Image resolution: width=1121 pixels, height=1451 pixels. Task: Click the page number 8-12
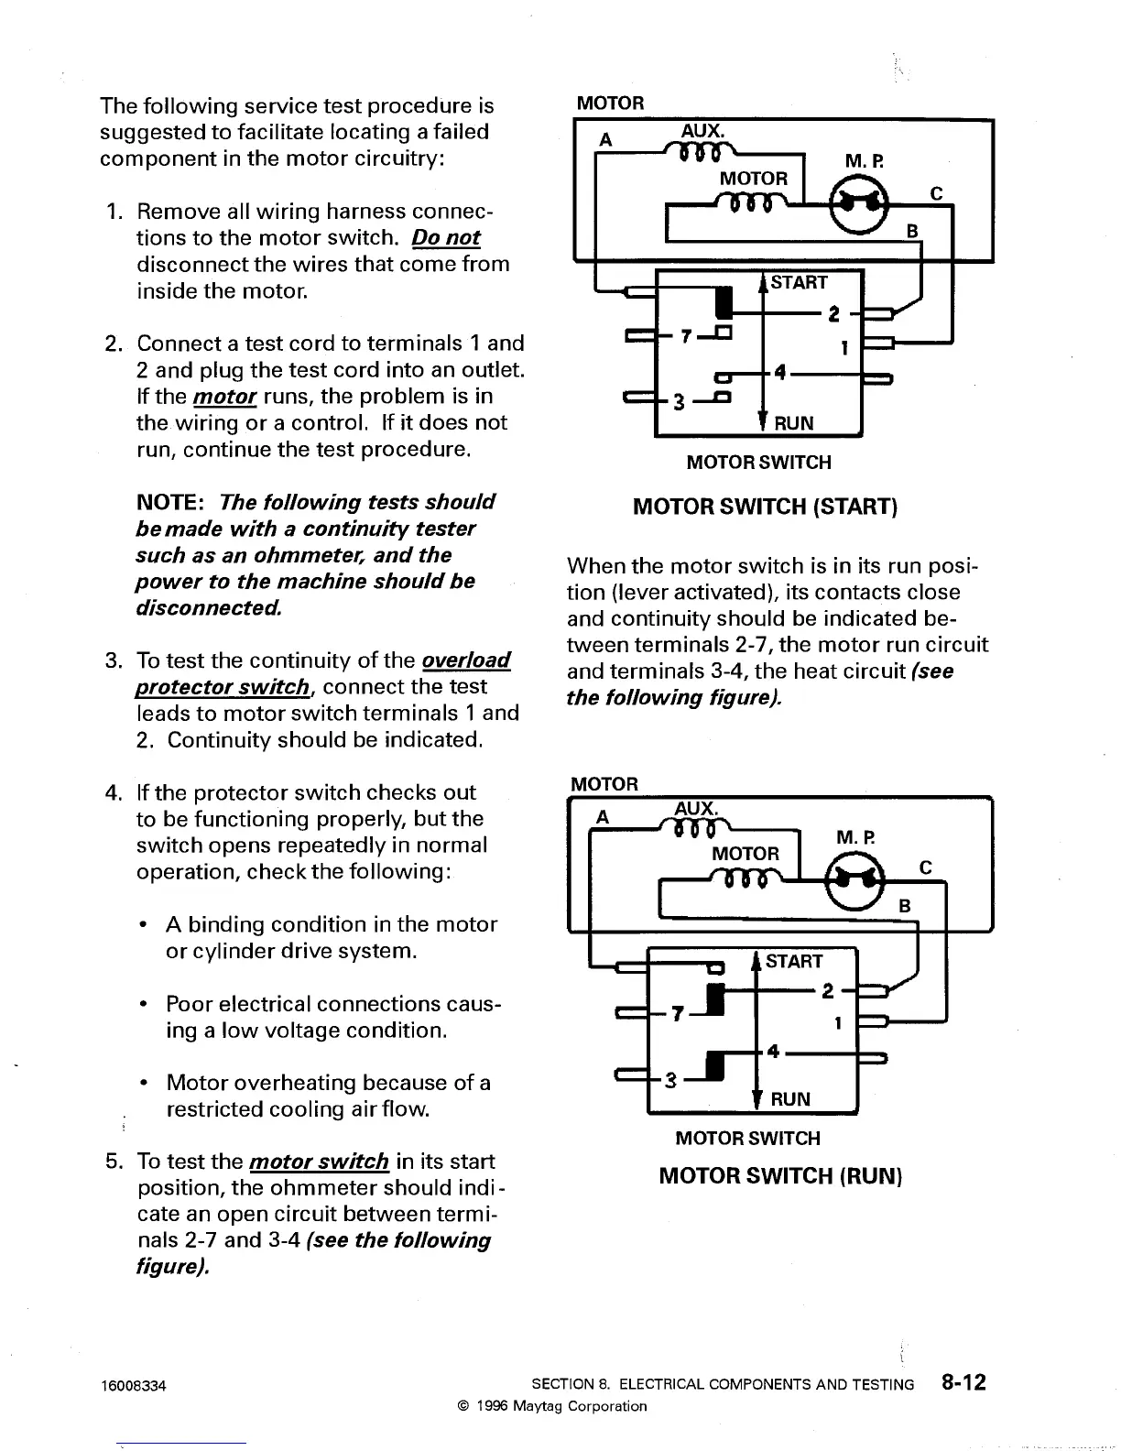coord(962,1382)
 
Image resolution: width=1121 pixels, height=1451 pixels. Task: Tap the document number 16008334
coord(134,1385)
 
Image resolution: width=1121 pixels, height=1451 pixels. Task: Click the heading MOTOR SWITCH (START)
coord(765,507)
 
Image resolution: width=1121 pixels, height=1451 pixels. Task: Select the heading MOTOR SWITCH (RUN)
coord(780,1175)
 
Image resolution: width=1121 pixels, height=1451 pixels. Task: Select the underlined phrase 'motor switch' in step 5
coord(319,1162)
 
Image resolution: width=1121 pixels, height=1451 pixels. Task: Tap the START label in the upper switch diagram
coord(799,282)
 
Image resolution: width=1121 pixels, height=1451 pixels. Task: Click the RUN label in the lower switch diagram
coord(790,1099)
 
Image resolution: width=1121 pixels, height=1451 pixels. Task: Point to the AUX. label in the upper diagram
coord(702,131)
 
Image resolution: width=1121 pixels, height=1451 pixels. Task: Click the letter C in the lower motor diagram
coord(925,867)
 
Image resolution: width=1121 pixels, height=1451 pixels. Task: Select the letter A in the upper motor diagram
coord(605,139)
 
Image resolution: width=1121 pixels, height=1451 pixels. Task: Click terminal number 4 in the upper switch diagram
coord(780,372)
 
